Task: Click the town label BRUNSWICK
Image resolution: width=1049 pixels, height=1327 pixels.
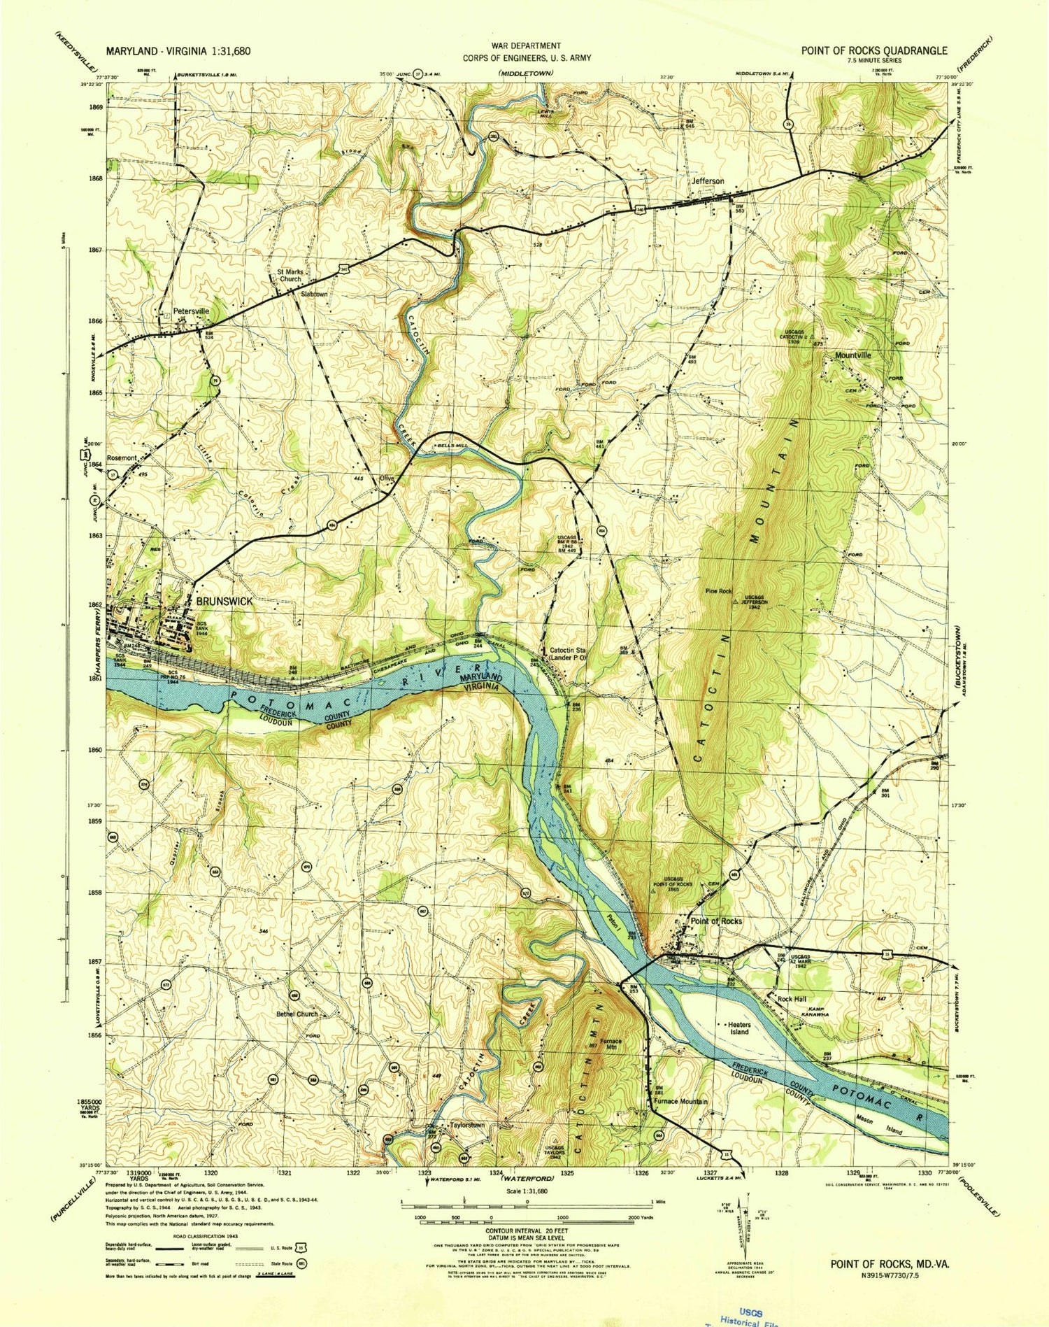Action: (224, 601)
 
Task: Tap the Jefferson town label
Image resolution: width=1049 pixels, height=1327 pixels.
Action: (708, 181)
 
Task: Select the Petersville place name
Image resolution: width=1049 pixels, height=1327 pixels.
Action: (191, 311)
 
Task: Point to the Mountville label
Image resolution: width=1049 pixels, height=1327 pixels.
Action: (852, 355)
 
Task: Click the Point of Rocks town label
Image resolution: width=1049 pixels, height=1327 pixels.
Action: (716, 921)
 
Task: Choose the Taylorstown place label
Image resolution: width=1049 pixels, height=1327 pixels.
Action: (467, 1126)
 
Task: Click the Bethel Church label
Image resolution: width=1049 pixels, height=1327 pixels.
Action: (297, 1014)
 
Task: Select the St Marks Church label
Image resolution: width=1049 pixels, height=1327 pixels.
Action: (289, 275)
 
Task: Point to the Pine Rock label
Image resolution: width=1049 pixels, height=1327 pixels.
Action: (718, 591)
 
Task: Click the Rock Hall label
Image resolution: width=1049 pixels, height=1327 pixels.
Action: (793, 999)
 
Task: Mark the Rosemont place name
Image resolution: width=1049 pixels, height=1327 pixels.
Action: (122, 458)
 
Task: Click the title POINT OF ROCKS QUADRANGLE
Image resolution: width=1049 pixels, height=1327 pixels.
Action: (874, 50)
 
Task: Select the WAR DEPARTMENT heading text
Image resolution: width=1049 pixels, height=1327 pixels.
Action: (526, 45)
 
